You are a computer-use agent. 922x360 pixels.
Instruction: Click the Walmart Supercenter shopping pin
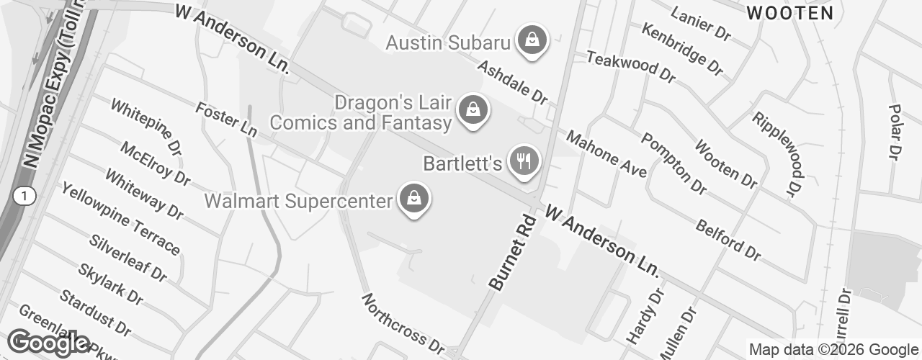tap(414, 201)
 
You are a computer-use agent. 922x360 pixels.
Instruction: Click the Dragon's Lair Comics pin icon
tap(472, 112)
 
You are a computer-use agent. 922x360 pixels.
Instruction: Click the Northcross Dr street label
tap(403, 323)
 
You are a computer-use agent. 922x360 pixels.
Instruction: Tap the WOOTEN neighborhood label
tap(790, 13)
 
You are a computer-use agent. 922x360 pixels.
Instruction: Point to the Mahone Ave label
tap(606, 154)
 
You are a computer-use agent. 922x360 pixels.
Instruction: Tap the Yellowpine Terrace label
tap(120, 218)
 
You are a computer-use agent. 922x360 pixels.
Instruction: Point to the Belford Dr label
tap(728, 240)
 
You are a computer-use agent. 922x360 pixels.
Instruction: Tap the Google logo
tap(49, 343)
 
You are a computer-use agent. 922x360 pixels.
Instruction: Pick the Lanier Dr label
tap(701, 23)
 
